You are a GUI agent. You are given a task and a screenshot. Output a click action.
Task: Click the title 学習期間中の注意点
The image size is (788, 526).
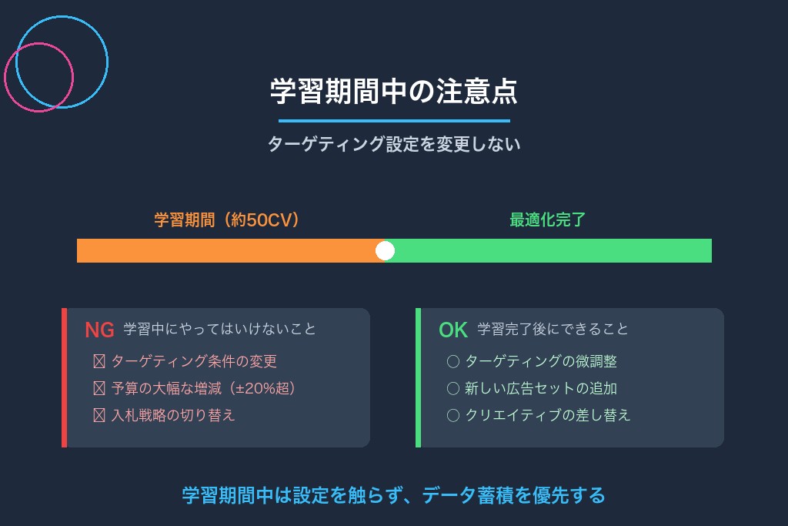393,91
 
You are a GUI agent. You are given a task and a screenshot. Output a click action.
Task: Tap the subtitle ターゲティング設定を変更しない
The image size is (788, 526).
393,144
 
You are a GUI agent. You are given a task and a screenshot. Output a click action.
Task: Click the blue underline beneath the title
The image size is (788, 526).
393,121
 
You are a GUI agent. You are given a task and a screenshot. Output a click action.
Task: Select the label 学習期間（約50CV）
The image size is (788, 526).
227,220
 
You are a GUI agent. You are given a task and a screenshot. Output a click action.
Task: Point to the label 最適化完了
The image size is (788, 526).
547,220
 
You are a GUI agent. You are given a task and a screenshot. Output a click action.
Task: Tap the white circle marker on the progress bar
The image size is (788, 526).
385,251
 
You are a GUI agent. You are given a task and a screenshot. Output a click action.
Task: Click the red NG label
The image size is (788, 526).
99,330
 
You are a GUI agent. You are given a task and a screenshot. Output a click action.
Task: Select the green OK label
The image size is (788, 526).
453,330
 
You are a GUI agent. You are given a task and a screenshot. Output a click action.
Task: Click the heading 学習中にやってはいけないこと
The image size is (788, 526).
220,329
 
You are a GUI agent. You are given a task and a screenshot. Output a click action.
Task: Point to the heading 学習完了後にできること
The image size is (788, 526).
553,329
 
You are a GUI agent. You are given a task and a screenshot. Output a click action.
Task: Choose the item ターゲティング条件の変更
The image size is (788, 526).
193,361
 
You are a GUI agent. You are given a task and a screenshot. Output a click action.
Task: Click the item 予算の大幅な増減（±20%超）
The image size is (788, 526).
203,388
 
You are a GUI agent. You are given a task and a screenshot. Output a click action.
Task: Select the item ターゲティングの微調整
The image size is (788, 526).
540,361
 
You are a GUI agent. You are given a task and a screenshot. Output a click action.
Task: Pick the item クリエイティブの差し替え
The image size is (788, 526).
547,415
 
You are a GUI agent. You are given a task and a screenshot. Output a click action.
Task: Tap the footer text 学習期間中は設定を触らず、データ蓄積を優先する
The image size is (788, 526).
393,495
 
